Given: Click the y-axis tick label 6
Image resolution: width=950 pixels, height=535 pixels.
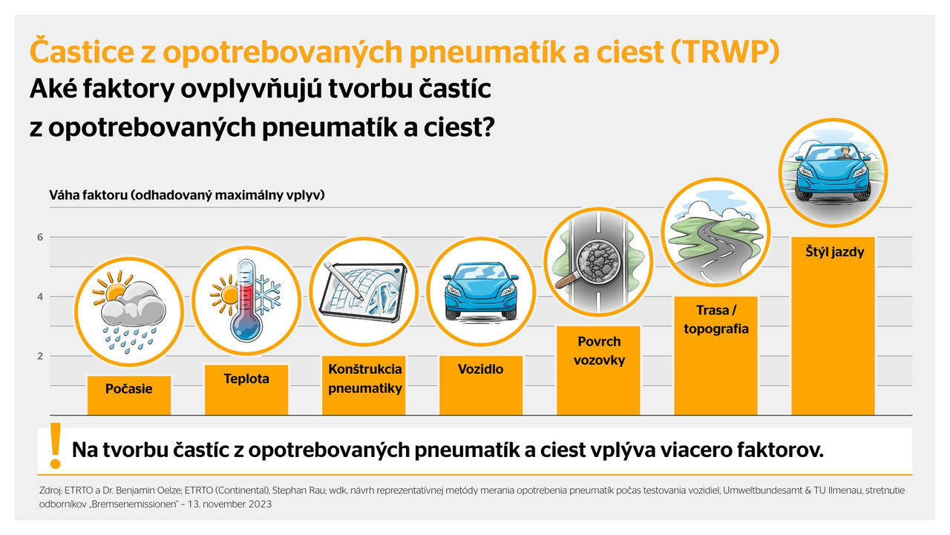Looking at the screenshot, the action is pos(40,237).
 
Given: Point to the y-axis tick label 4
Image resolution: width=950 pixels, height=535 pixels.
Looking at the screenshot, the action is pos(40,296).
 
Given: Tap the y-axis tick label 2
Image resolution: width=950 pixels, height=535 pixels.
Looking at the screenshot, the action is pos(40,356).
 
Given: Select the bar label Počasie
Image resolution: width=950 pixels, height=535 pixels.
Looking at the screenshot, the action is pos(129,389).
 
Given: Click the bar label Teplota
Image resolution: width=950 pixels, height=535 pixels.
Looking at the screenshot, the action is pos(246,379).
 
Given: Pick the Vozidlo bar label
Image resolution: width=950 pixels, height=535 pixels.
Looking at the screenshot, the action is pos(480,369).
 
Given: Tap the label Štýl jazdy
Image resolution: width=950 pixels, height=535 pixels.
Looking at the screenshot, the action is pos(835,252).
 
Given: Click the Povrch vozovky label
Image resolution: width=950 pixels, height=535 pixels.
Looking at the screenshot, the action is pos(599,351).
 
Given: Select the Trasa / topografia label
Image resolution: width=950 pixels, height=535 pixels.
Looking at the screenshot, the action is pos(716,320).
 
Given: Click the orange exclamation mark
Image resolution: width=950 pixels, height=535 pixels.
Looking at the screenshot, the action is pos(56,446).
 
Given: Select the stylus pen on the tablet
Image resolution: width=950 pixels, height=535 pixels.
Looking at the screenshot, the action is pos(344,281).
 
